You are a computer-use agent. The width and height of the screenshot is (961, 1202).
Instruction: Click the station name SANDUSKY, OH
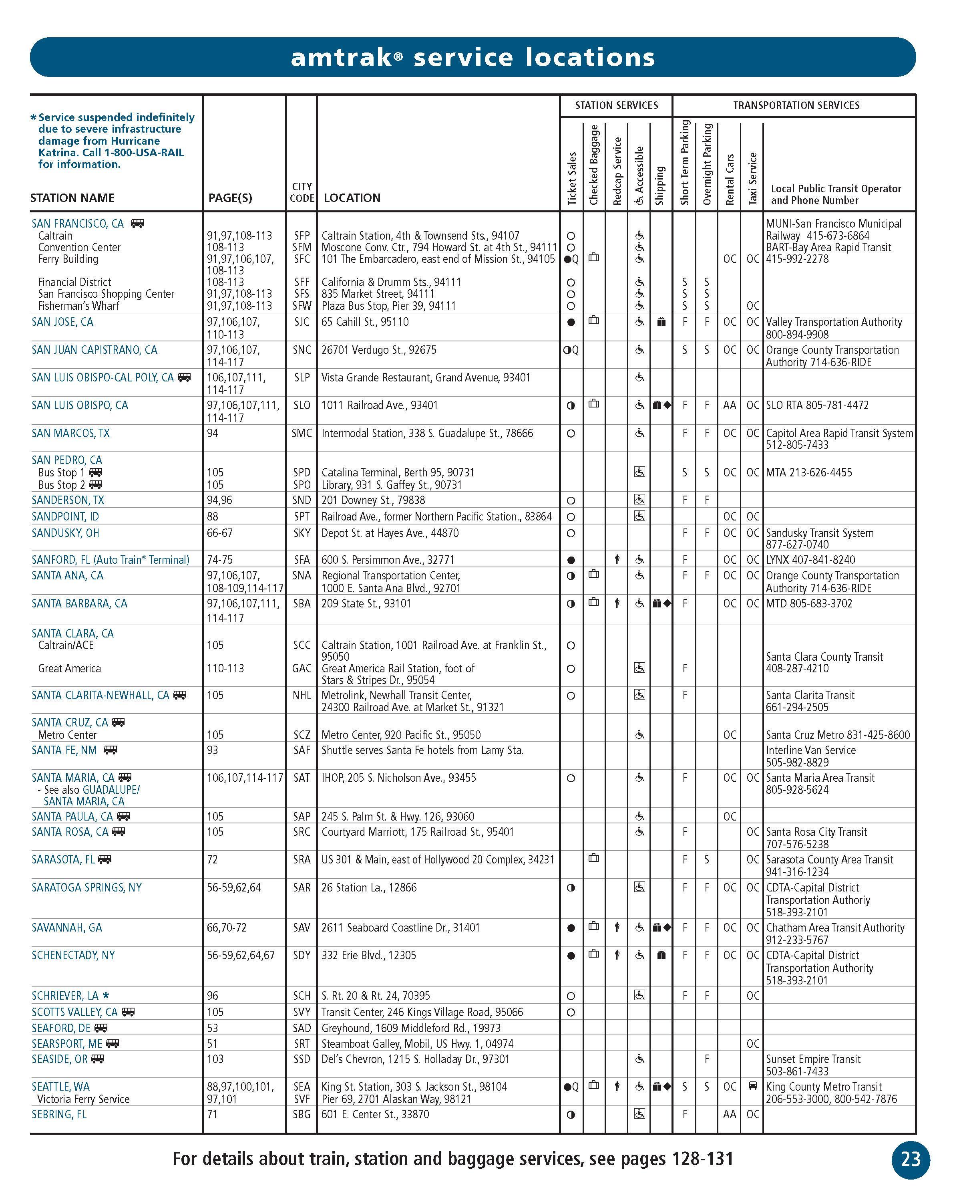tap(65, 533)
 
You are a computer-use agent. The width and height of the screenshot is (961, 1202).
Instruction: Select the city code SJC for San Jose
tap(302, 322)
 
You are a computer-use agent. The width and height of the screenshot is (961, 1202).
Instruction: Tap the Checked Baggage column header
tap(594, 164)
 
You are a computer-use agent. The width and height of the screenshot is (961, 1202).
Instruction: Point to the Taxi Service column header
tap(752, 178)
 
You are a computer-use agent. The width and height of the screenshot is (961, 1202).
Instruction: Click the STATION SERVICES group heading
tap(616, 105)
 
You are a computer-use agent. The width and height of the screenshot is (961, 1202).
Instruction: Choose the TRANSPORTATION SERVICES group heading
tap(796, 105)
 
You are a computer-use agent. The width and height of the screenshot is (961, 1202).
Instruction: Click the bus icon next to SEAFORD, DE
tap(101, 1027)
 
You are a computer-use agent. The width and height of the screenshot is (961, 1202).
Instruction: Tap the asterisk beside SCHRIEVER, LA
tap(106, 995)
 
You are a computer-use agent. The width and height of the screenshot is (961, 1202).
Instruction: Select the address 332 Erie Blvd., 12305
tap(368, 955)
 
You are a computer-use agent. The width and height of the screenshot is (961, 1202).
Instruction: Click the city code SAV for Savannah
tap(302, 927)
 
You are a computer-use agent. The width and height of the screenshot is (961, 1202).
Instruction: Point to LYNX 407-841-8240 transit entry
tap(810, 560)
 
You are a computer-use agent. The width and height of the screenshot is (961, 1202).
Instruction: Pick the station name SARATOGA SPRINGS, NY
tap(86, 887)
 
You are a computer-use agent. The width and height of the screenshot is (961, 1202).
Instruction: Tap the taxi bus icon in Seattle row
tap(753, 1085)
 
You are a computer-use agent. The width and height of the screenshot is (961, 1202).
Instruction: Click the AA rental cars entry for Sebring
tap(729, 1114)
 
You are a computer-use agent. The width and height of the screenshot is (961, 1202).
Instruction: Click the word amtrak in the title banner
tap(341, 57)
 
